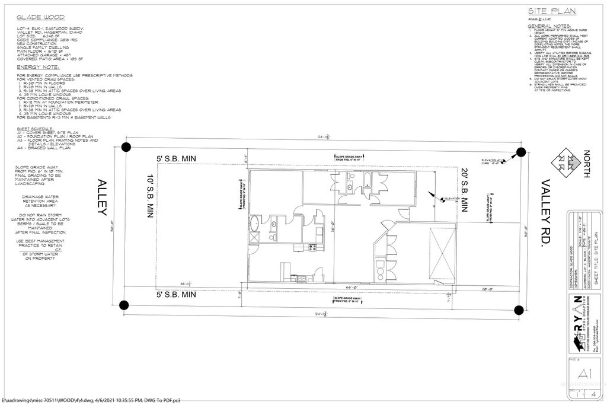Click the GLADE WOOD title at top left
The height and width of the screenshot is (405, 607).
coord(41,18)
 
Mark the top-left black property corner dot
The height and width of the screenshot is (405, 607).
coord(126,148)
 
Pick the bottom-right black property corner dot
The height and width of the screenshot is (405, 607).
coord(519,310)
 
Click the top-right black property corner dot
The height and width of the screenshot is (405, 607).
coord(520,152)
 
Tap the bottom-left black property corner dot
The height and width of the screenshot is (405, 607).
coord(124,305)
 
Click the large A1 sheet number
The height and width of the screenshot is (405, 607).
coord(583,373)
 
